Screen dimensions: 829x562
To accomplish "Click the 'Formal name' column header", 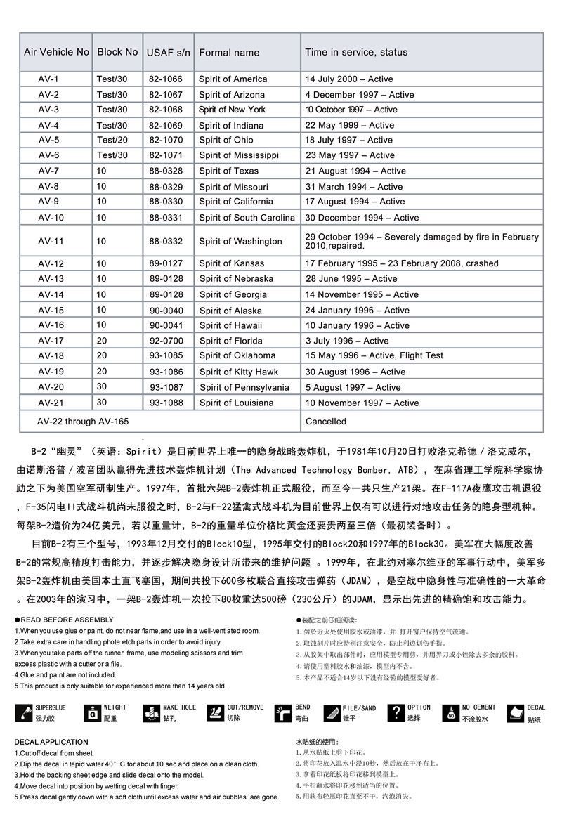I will [229, 53].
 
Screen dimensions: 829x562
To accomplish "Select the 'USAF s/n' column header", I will [168, 53].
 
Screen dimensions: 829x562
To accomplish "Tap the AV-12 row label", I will [51, 263].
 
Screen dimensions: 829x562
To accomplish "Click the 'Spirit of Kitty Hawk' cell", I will [238, 372].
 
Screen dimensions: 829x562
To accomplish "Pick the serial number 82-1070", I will [165, 140].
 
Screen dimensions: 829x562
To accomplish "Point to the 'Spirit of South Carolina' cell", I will [247, 218].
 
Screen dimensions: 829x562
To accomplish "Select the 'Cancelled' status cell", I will [326, 422].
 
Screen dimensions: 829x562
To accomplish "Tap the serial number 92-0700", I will [166, 341].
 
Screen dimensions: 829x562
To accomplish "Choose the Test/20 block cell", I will [112, 140].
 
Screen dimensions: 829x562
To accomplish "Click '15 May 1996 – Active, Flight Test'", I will [374, 355].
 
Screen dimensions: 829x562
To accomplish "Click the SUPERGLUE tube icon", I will [23, 713].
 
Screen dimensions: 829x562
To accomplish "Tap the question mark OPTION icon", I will [396, 713].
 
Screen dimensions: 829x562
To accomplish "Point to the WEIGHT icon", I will [91, 713].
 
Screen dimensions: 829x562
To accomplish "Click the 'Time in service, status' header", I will [356, 53].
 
